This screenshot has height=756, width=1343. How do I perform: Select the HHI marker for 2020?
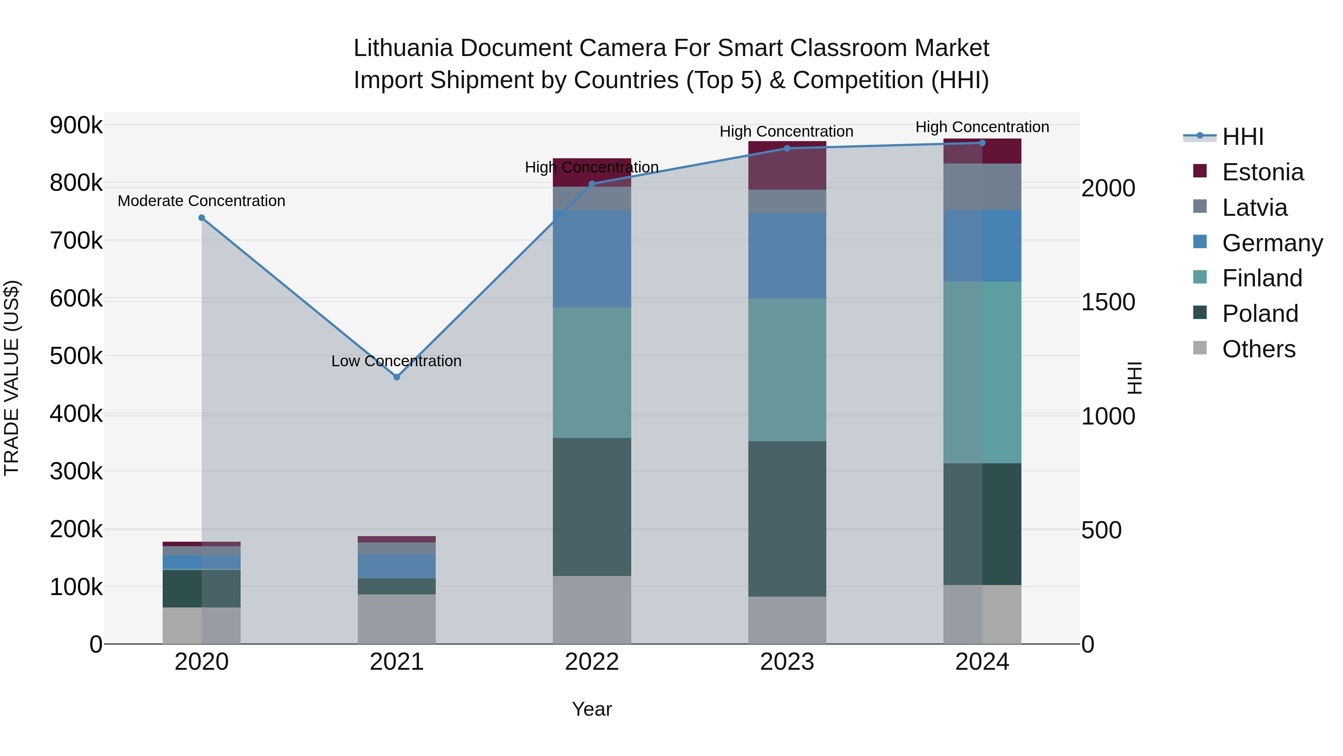202,218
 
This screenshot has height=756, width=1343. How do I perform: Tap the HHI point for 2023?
787,148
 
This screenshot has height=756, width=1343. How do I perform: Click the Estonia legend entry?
1262,172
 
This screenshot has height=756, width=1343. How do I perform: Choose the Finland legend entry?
1262,278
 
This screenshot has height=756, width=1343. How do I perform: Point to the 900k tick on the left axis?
76,125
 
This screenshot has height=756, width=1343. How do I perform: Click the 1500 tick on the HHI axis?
1108,302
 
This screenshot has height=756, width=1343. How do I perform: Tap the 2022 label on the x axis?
592,662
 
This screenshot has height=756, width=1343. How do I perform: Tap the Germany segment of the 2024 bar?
982,246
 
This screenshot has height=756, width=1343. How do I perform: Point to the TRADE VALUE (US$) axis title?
12,378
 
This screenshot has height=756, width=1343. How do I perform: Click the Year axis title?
592,709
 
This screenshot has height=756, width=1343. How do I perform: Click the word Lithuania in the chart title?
403,48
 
